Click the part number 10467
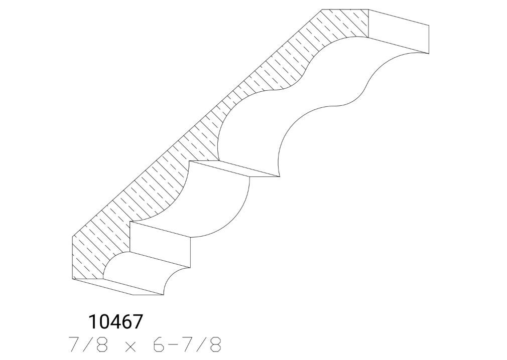point(115,321)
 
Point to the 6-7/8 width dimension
point(186,345)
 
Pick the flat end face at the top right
point(399,30)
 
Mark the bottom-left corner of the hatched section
point(73,279)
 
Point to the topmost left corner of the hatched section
point(322,10)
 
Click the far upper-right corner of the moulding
point(429,25)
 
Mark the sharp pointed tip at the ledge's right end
point(279,176)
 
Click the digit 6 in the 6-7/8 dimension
point(155,345)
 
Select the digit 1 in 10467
point(92,321)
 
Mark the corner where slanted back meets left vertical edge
point(73,235)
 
